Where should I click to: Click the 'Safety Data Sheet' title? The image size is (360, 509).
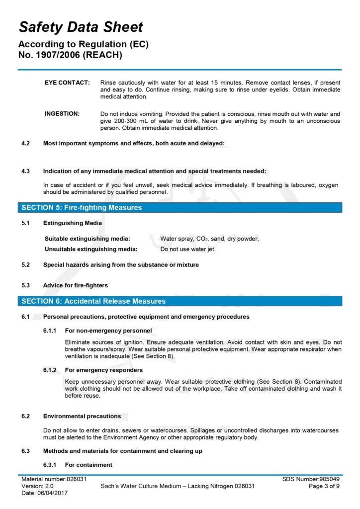tap(81, 27)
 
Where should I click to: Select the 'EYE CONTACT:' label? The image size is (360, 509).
tap(67, 82)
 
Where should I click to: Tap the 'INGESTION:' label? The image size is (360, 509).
tap(62, 114)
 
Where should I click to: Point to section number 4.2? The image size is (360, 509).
tap(25, 143)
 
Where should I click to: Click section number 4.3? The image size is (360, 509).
tap(25, 171)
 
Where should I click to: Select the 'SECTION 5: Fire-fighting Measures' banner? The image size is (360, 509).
tap(82, 207)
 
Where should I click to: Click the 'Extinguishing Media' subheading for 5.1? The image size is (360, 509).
tap(73, 223)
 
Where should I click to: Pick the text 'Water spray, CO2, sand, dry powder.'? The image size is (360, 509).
tap(209, 239)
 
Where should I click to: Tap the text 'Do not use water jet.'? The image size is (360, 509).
tap(188, 249)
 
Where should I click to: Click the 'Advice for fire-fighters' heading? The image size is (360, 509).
tap(76, 285)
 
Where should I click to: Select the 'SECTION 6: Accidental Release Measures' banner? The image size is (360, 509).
tap(93, 301)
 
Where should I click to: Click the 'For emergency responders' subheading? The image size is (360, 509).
tap(104, 370)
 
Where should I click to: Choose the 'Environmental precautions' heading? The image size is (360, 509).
tap(82, 416)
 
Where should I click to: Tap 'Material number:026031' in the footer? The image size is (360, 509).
tap(54, 479)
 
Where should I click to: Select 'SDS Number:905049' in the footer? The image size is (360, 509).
tap(311, 479)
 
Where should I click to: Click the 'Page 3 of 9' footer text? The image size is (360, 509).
tap(324, 486)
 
